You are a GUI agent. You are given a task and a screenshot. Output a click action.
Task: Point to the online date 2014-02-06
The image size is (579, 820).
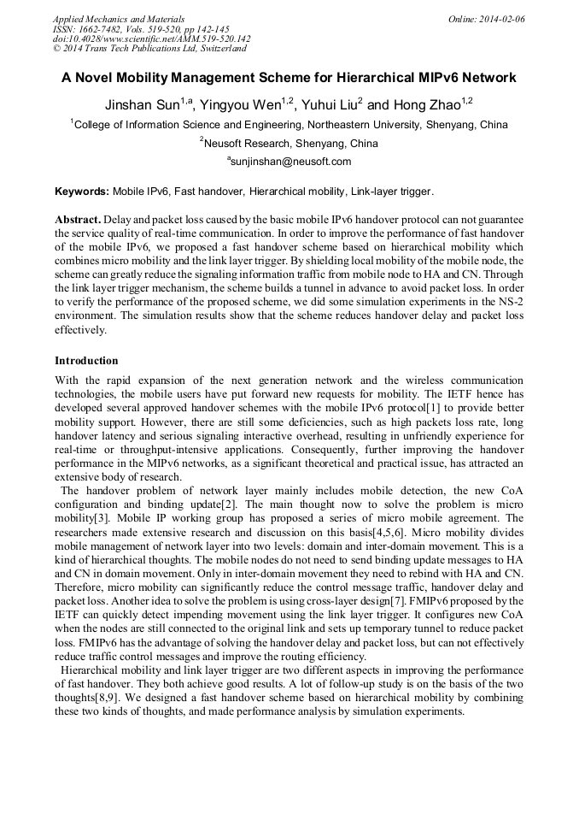pos(502,19)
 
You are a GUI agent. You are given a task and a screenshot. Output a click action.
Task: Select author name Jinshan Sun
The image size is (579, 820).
pos(141,105)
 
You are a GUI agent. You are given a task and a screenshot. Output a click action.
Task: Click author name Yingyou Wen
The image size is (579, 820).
pos(243,105)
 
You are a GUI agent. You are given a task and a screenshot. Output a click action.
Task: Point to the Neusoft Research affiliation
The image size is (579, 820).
pos(248,144)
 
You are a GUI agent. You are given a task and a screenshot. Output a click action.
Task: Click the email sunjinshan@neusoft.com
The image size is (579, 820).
pos(290,162)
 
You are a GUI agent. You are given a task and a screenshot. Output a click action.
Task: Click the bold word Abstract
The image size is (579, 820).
pos(78,220)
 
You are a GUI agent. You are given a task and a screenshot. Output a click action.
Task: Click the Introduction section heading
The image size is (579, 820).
pos(86,361)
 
